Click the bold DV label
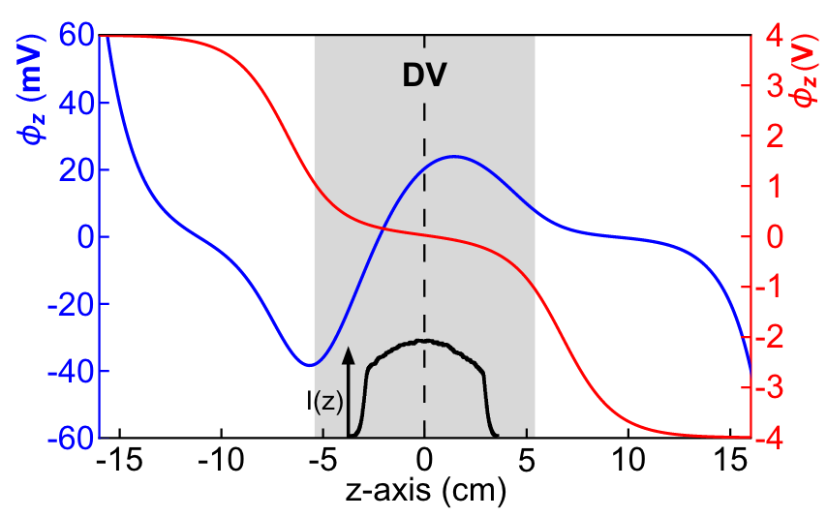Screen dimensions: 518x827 [x=424, y=76]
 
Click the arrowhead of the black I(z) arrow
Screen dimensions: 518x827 [x=349, y=353]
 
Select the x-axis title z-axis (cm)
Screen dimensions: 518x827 [x=425, y=494]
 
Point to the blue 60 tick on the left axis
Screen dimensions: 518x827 [x=74, y=36]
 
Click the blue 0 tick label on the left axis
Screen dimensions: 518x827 [x=81, y=237]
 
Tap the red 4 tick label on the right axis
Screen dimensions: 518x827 [x=769, y=36]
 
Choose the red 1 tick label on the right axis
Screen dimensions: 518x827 [x=769, y=187]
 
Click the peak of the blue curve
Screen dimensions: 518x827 [x=453, y=156]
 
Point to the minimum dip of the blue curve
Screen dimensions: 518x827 [x=309, y=365]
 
